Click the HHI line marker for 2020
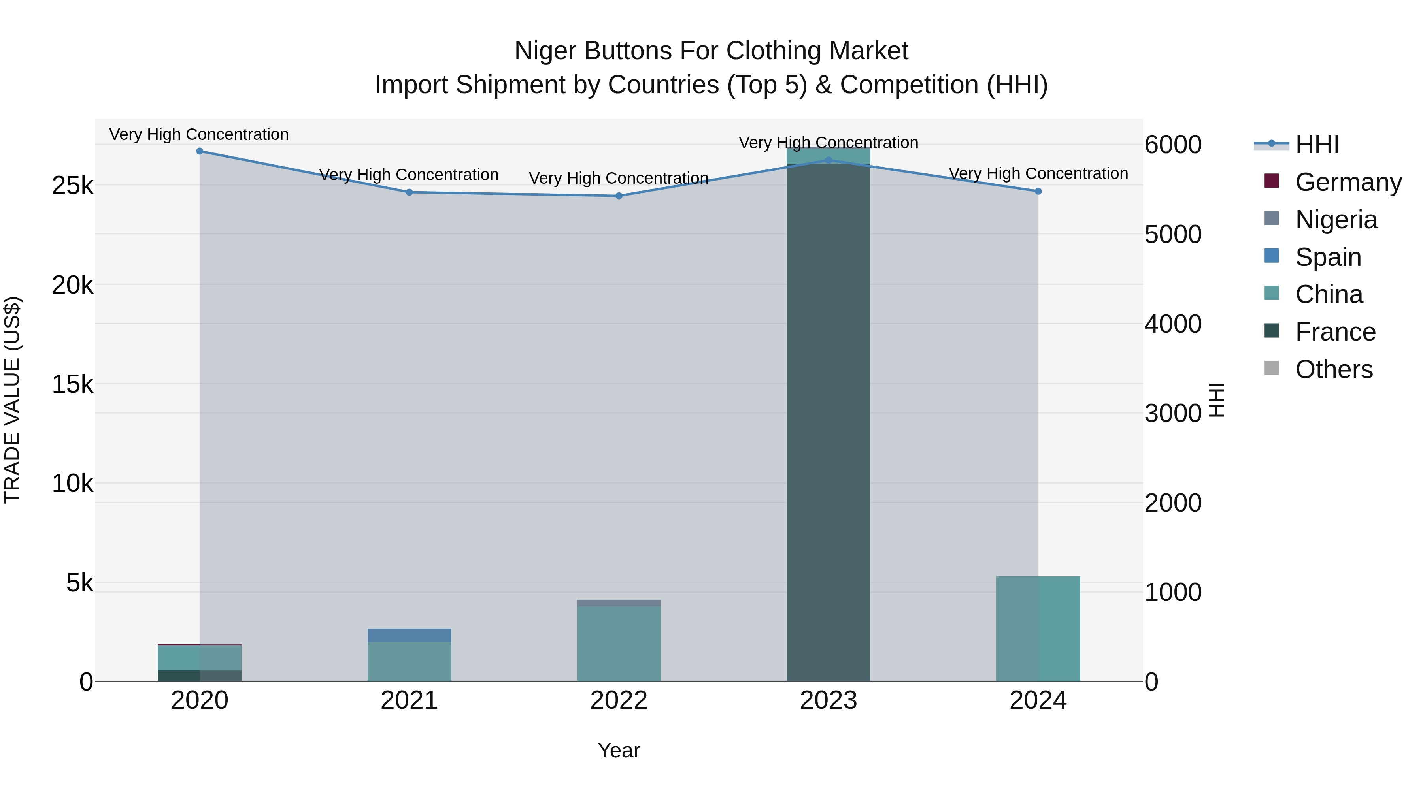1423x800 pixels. pyautogui.click(x=200, y=151)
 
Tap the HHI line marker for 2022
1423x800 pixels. pyautogui.click(x=619, y=196)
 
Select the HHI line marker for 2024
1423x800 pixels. pyautogui.click(x=1038, y=192)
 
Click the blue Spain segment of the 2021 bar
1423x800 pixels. pyautogui.click(x=410, y=635)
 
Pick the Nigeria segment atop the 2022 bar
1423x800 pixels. pyautogui.click(x=619, y=603)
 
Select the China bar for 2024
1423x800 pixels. pyautogui.click(x=1038, y=629)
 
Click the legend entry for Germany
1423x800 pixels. pyautogui.click(x=1348, y=182)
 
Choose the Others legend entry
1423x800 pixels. pyautogui.click(x=1334, y=369)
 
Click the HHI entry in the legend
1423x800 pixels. pyautogui.click(x=1317, y=145)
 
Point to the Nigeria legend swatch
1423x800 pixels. pyautogui.click(x=1272, y=218)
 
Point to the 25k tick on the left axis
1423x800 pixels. pyautogui.click(x=72, y=186)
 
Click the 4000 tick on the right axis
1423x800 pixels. pyautogui.click(x=1173, y=324)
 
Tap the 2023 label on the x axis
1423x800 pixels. pyautogui.click(x=828, y=700)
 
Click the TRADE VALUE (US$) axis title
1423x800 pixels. pyautogui.click(x=12, y=400)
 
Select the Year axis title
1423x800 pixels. pyautogui.click(x=619, y=750)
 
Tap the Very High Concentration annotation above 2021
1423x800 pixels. pyautogui.click(x=409, y=175)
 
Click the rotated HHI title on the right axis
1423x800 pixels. pyautogui.click(x=1216, y=400)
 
